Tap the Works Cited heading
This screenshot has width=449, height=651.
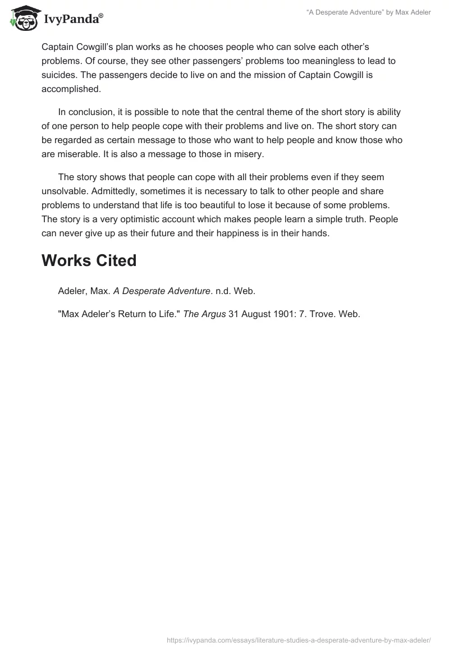click(x=89, y=260)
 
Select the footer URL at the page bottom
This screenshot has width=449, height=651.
click(x=299, y=639)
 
